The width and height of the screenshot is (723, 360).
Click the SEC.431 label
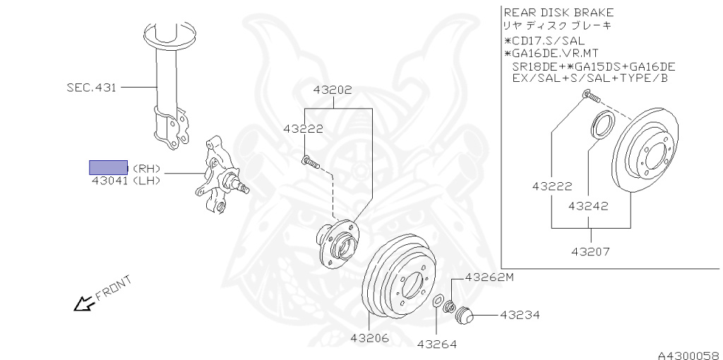tap(91, 88)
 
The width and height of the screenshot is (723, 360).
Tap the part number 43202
tap(333, 90)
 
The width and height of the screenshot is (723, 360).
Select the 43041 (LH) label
tap(126, 181)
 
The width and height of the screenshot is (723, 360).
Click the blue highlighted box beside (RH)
tap(108, 167)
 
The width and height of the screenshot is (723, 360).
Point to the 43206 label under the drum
tap(369, 337)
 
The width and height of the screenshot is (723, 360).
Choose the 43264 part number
tap(436, 344)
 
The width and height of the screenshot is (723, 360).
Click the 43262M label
tap(489, 277)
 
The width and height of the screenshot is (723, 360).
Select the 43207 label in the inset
tap(591, 251)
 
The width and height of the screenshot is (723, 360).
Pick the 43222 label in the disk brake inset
tap(551, 187)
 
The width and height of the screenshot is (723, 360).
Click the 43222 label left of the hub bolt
tap(303, 128)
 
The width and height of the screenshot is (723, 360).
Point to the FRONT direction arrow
tap(85, 303)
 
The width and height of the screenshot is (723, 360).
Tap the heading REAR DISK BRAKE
tap(558, 12)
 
